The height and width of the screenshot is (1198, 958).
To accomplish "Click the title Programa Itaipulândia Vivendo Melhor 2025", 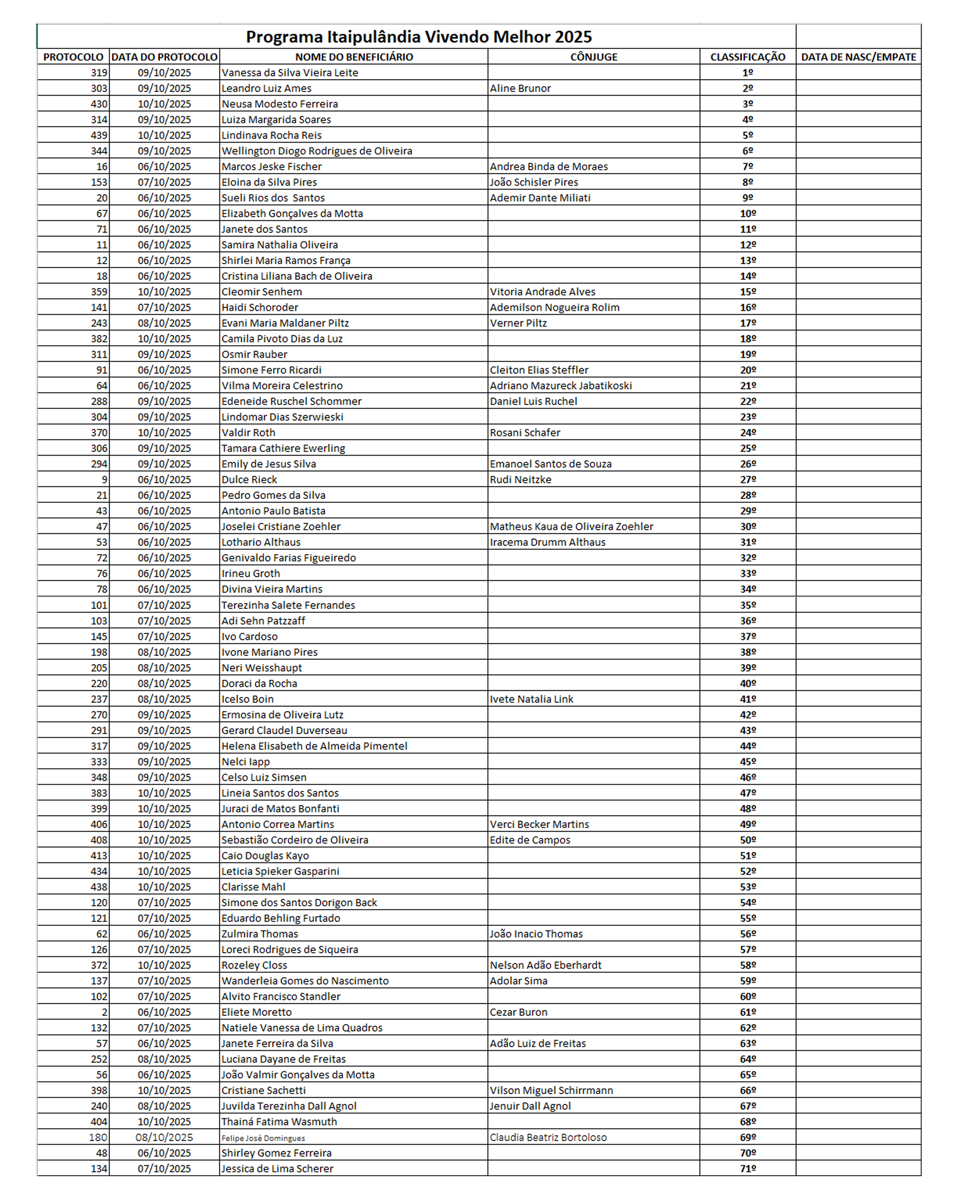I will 419,37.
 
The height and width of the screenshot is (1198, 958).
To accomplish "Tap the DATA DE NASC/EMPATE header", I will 858,57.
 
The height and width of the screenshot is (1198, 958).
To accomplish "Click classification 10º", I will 747,213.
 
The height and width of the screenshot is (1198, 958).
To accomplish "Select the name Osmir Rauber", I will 254,354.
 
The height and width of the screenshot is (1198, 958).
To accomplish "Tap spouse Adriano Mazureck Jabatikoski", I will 560,386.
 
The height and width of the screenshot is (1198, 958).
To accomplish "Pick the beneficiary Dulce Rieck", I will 249,479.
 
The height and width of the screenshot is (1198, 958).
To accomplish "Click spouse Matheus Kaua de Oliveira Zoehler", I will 571,526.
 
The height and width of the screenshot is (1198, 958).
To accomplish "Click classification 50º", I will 747,839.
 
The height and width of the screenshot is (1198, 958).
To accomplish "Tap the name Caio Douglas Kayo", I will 265,856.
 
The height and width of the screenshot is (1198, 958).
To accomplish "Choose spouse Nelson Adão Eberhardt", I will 545,965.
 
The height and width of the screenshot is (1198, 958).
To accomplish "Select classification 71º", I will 747,1168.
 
